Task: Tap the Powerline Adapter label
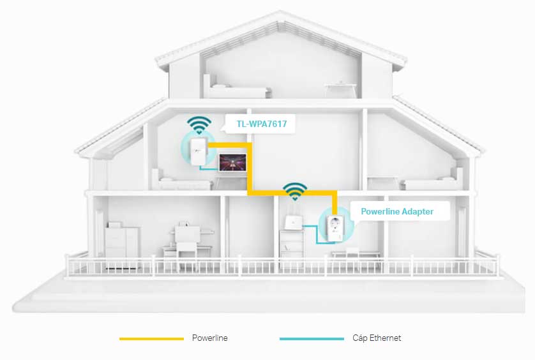point(396,211)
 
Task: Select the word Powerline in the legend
point(209,338)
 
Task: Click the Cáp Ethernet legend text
point(377,338)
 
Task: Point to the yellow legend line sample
point(151,338)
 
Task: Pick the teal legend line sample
point(312,338)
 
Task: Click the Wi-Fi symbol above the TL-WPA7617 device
point(199,123)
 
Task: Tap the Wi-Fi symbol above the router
point(295,190)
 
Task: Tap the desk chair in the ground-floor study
point(186,240)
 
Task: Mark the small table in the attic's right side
point(339,88)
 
